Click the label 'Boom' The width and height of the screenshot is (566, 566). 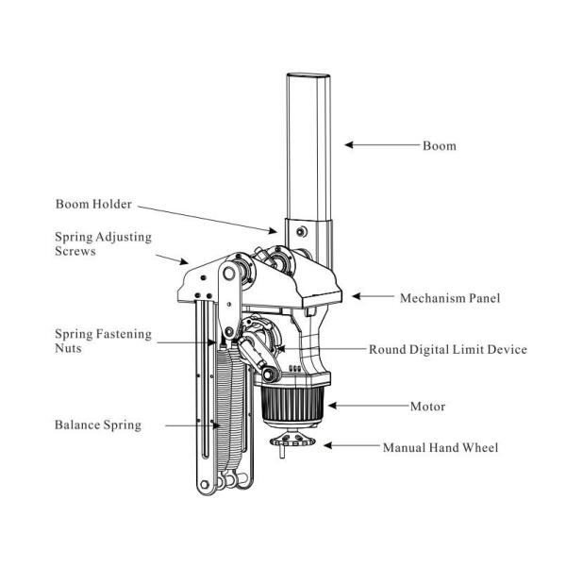440,146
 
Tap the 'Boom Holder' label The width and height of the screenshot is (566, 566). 93,204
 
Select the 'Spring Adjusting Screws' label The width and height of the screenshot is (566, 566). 103,243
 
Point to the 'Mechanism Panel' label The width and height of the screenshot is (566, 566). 450,298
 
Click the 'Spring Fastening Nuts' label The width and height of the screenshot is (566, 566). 103,341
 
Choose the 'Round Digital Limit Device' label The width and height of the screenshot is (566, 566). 447,349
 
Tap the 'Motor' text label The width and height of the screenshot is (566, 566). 427,407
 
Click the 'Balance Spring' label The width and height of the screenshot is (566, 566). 98,424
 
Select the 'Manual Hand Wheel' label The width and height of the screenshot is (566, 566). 441,447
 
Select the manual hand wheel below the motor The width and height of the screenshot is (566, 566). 292,441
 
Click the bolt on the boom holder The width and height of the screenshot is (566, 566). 302,232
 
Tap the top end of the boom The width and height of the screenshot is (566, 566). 308,75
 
